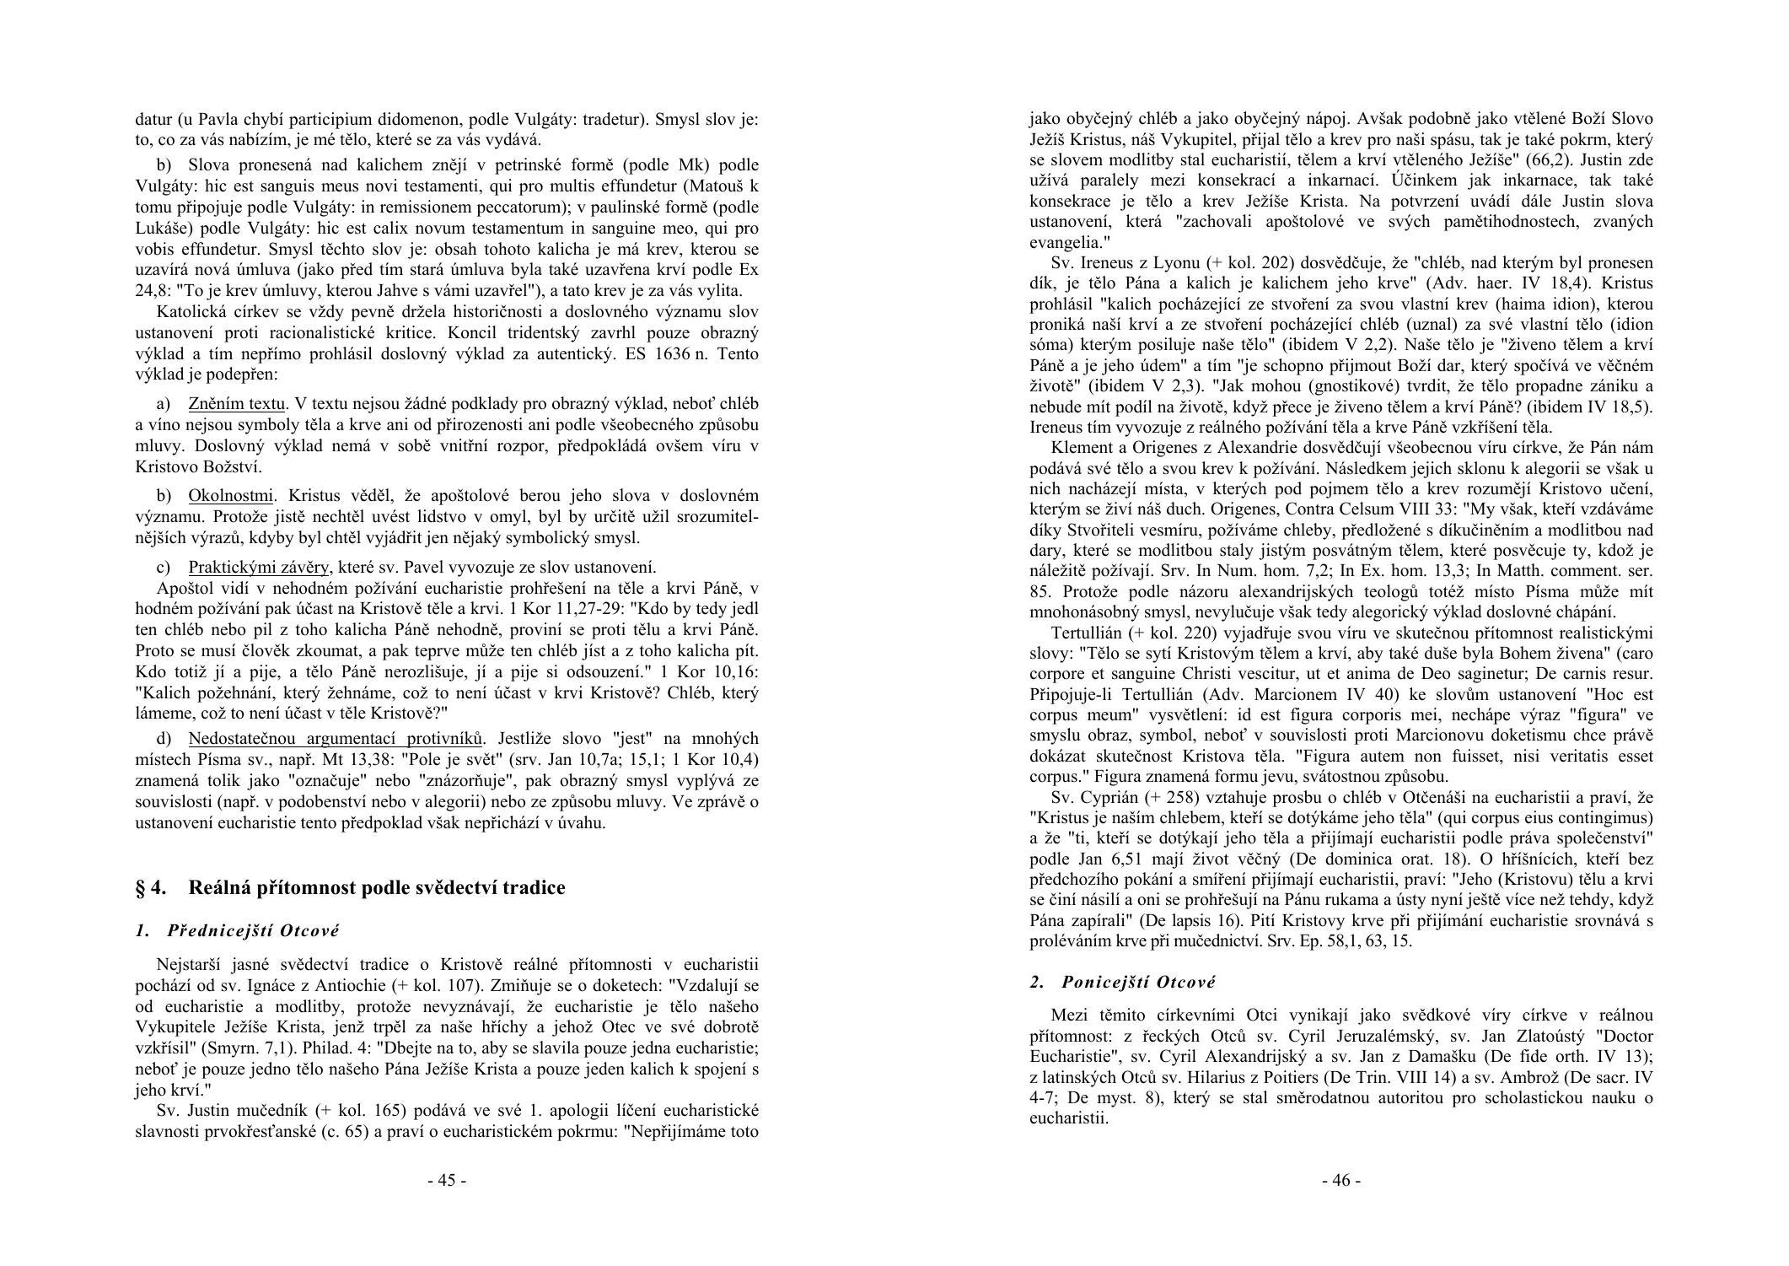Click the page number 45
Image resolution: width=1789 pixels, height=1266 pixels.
pyautogui.click(x=447, y=1180)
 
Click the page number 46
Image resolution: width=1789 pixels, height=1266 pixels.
pyautogui.click(x=1340, y=1180)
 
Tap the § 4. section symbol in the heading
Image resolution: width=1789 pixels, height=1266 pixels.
pyautogui.click(x=151, y=887)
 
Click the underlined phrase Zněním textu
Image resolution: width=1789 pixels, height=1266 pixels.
pyautogui.click(x=237, y=404)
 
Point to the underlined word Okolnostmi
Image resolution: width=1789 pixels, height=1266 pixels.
pyautogui.click(x=231, y=495)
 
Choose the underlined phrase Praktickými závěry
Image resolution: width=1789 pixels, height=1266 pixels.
pyautogui.click(x=258, y=567)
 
